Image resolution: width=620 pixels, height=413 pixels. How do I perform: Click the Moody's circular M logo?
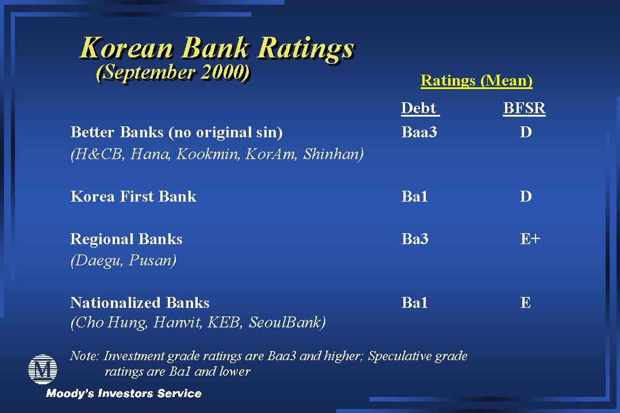[x=43, y=369]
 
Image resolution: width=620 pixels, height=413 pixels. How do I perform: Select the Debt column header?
[x=420, y=108]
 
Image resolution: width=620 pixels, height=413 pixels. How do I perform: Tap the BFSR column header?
[x=524, y=108]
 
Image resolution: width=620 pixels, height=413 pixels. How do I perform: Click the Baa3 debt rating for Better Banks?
[x=419, y=132]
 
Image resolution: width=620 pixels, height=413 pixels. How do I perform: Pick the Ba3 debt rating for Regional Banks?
[x=415, y=239]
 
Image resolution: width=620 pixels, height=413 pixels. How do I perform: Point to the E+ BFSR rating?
[x=530, y=239]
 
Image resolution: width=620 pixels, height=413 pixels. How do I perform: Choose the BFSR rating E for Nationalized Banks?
[x=526, y=303]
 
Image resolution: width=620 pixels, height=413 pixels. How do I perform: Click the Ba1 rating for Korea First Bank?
[x=414, y=196]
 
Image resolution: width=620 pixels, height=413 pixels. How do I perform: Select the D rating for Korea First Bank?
[x=526, y=196]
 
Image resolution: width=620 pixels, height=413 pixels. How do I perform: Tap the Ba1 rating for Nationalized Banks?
[x=414, y=303]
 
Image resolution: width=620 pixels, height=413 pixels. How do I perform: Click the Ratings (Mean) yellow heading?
[x=476, y=80]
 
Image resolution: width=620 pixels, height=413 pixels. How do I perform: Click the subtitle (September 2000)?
[x=174, y=72]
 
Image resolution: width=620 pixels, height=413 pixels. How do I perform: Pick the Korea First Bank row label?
[x=133, y=196]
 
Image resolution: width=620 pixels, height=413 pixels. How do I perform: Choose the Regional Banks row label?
[x=126, y=239]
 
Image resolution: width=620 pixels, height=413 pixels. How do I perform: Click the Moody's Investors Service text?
[x=124, y=393]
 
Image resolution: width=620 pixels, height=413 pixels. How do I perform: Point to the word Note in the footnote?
[x=84, y=356]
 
